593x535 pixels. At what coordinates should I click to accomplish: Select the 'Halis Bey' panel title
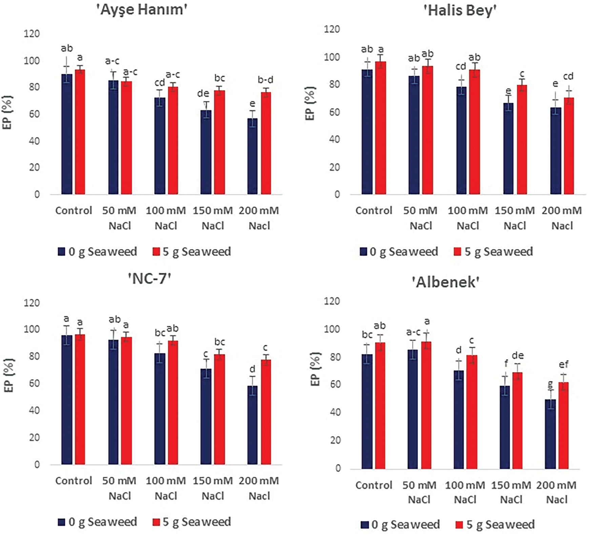coord(460,11)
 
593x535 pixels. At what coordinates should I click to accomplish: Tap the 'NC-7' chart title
coord(149,279)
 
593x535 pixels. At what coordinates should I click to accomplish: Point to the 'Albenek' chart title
coord(445,282)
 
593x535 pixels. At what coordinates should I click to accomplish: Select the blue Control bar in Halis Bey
coord(367,132)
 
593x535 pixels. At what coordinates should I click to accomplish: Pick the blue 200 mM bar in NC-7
coord(252,425)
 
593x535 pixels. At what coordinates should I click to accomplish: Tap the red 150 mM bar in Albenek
coord(517,420)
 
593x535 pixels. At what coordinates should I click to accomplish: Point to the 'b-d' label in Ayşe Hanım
coord(265,80)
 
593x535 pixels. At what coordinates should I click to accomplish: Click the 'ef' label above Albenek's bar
coord(564,365)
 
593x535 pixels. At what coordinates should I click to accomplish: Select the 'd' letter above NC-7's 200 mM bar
coord(252,369)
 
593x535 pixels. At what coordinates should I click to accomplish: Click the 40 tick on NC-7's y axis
coord(34,410)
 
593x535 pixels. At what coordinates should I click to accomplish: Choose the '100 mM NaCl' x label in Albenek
coord(465,492)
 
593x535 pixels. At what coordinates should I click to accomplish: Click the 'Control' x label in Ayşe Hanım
coord(74,211)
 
